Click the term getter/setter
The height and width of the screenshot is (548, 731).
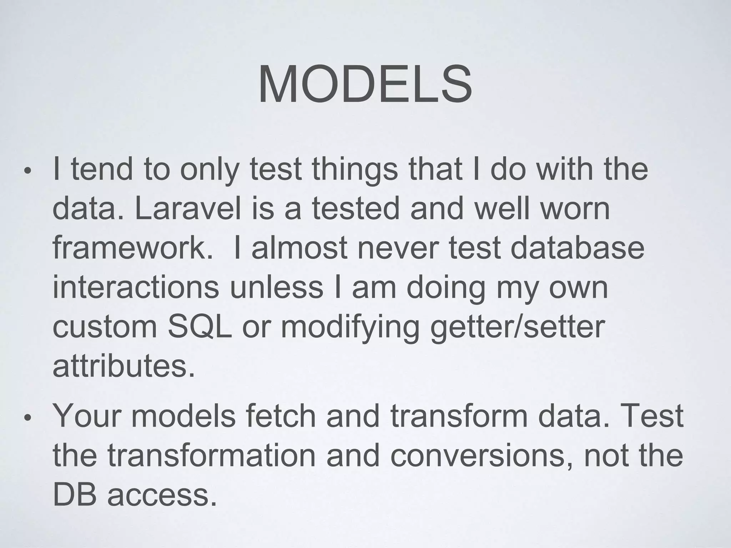[518, 328]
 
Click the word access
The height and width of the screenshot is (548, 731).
[162, 496]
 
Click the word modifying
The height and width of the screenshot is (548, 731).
[350, 328]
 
